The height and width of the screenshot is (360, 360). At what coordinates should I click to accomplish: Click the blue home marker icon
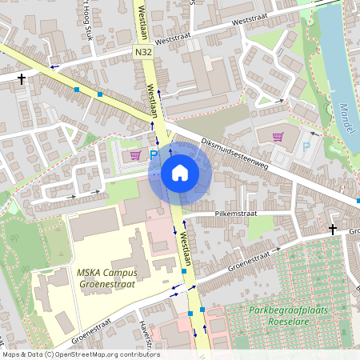click(180, 173)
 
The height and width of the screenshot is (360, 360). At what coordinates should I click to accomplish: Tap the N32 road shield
click(143, 51)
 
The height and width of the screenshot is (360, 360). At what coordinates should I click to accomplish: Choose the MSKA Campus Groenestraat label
click(107, 278)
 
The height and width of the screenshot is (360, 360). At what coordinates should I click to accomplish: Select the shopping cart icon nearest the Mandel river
click(278, 136)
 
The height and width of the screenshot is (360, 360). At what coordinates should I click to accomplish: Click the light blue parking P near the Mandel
click(306, 146)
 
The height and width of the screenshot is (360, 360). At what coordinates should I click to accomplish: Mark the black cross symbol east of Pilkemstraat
click(333, 230)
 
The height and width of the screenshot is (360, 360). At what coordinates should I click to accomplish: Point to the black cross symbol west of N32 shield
click(22, 78)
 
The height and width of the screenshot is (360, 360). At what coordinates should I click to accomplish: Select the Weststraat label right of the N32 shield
click(177, 38)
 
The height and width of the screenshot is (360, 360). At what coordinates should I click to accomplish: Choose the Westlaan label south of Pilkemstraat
click(186, 245)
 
